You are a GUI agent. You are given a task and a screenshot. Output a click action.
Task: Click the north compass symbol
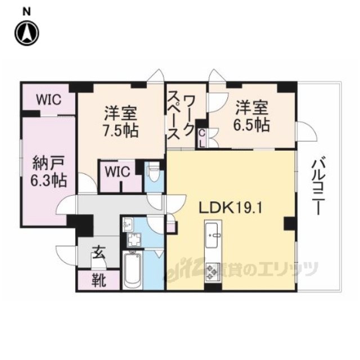[x=27, y=33]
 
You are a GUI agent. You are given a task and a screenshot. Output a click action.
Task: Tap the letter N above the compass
[x=26, y=12]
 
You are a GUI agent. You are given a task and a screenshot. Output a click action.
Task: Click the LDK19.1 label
[x=230, y=208]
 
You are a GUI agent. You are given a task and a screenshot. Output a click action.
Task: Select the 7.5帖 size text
[x=120, y=131]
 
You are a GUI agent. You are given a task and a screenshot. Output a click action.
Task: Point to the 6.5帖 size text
[x=251, y=125]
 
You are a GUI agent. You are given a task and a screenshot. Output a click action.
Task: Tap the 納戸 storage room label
[x=48, y=164]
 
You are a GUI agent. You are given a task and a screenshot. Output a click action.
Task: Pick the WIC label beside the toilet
[x=118, y=171]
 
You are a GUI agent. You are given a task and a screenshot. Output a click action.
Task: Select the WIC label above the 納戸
[x=49, y=100]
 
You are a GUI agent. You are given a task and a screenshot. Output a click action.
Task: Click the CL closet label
[x=202, y=138]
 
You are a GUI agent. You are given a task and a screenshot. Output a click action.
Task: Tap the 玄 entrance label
[x=99, y=253]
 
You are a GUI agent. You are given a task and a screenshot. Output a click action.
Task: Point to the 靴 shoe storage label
[x=99, y=281]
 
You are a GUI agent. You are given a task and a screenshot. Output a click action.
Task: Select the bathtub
[x=132, y=271]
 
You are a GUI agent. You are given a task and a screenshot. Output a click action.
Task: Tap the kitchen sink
[x=211, y=235]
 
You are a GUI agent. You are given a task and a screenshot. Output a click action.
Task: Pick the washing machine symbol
[x=133, y=240]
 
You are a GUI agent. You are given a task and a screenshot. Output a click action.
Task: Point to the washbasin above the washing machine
[x=128, y=225]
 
